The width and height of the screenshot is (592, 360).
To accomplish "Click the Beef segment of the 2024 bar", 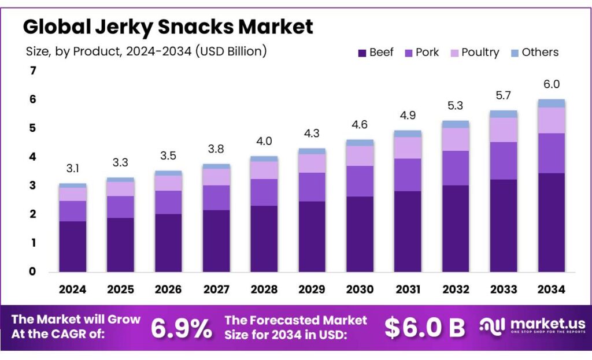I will tap(72, 246).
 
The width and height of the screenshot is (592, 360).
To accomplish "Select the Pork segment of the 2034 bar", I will tap(551, 153).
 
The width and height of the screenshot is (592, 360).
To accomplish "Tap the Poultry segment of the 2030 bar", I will tap(360, 155).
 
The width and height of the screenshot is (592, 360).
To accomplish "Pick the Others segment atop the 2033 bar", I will tap(503, 114).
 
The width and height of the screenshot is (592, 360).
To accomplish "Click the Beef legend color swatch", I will tap(362, 53).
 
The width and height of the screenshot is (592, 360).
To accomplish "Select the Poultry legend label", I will tap(480, 53).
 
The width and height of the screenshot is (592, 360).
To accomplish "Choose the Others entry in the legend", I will tap(540, 53).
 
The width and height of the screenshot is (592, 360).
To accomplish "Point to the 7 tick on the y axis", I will tap(33, 71).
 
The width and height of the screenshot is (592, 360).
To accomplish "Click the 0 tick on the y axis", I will tap(33, 272).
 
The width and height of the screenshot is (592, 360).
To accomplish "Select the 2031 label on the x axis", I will tap(408, 290).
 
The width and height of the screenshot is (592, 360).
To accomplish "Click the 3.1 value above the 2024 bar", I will tap(72, 169).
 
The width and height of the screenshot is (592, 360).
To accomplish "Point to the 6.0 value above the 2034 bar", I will tap(551, 84).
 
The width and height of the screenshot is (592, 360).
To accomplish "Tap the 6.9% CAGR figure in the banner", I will tap(181, 328).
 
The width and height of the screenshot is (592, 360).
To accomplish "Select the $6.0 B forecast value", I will tap(425, 328).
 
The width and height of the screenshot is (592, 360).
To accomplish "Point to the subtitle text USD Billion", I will tap(231, 51).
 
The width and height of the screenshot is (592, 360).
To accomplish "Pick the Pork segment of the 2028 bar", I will tap(264, 192).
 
